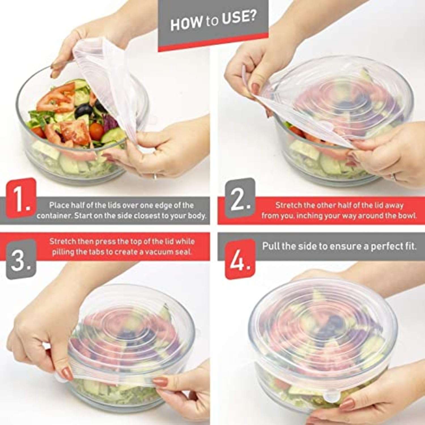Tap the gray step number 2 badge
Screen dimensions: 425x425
click(240, 198)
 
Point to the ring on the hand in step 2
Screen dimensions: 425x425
click(393, 178)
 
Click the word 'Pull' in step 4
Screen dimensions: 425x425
click(270, 246)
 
